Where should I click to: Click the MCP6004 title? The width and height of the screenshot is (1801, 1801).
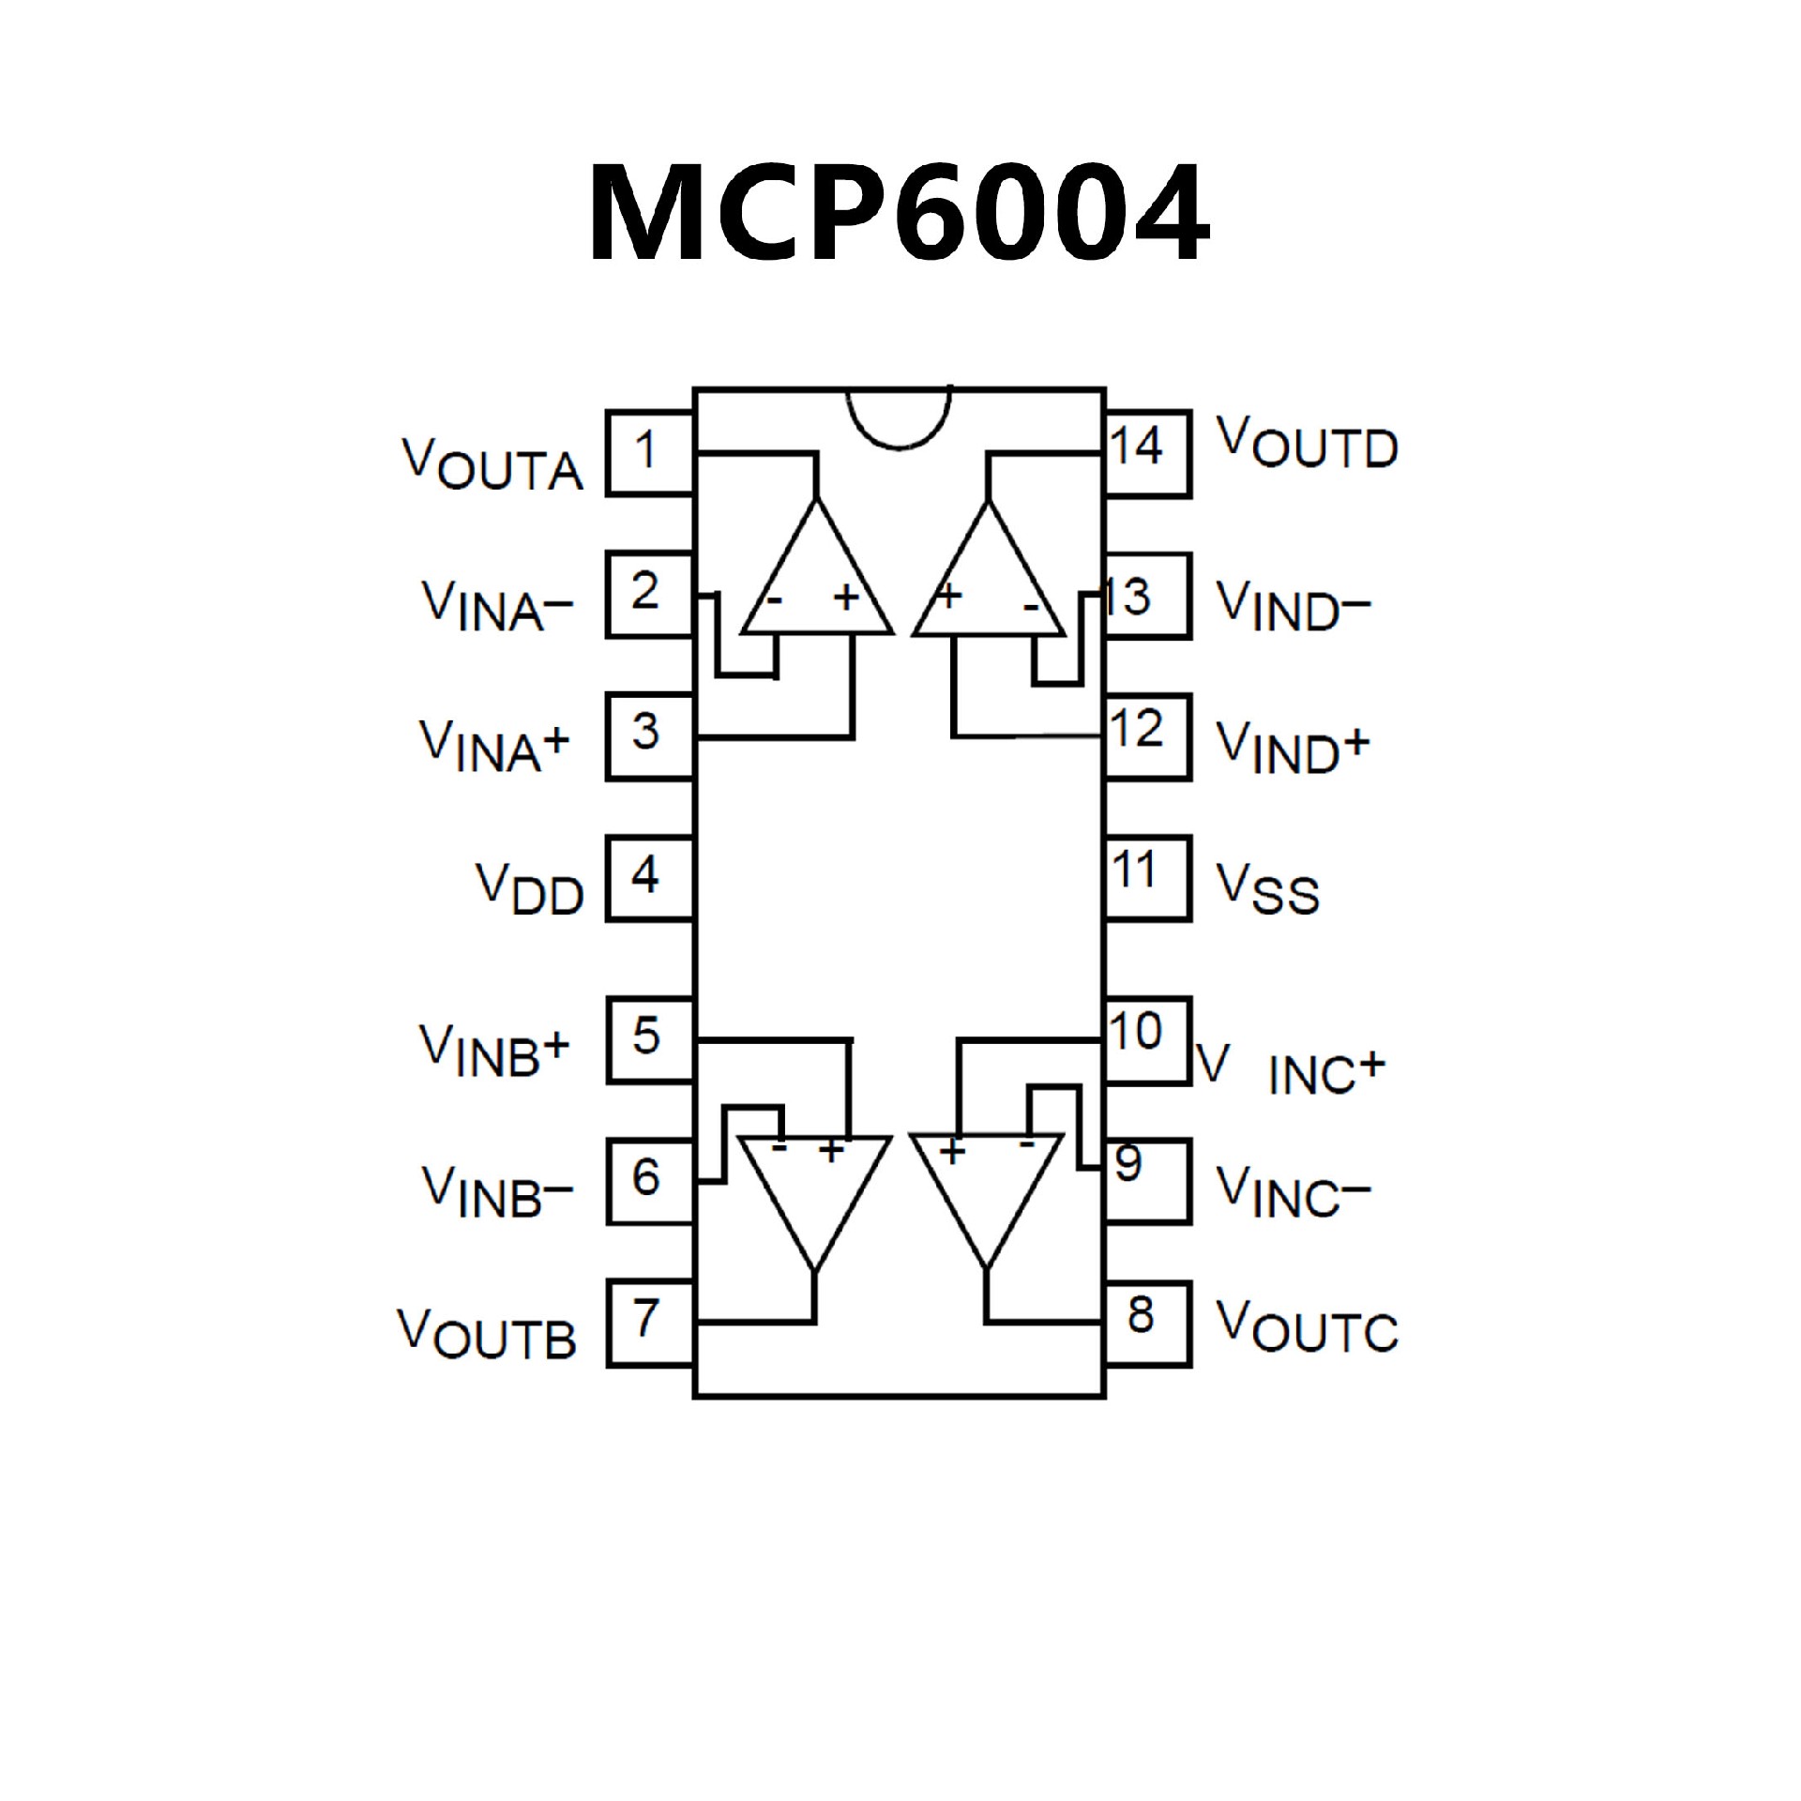pyautogui.click(x=899, y=213)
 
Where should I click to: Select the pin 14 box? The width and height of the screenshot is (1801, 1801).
pyautogui.click(x=1147, y=453)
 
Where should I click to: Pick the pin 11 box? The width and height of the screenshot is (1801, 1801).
pyautogui.click(x=1147, y=876)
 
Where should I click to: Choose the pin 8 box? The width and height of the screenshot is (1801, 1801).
pyautogui.click(x=1147, y=1322)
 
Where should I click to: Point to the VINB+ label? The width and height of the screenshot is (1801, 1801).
pyautogui.click(x=494, y=1051)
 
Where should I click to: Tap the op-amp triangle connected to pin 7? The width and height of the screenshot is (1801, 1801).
pyautogui.click(x=815, y=1191)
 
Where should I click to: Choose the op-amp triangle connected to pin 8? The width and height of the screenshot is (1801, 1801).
pyautogui.click(x=987, y=1191)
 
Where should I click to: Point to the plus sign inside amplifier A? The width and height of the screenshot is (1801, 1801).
pyautogui.click(x=846, y=597)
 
